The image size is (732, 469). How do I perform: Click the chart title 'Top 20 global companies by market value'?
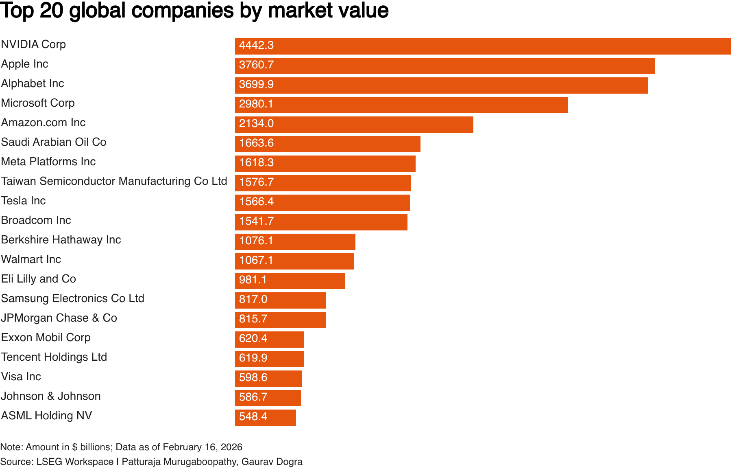[194, 11]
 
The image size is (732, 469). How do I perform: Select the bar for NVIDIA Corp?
[483, 46]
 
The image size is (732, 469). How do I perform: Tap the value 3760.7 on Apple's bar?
[256, 65]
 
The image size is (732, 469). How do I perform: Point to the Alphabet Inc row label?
[33, 83]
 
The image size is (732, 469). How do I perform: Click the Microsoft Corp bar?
[401, 105]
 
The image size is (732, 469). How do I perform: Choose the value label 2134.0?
[256, 124]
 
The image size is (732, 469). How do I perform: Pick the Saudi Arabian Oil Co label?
[54, 142]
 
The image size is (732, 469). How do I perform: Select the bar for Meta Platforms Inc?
[325, 164]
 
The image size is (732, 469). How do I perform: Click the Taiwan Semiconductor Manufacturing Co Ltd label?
[114, 181]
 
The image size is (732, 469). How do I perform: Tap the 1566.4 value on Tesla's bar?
[256, 202]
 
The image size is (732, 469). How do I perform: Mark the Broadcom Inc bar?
[321, 222]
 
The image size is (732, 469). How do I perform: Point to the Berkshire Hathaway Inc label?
[61, 240]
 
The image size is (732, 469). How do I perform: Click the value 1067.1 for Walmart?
[256, 261]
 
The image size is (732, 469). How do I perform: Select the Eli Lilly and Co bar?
[290, 281]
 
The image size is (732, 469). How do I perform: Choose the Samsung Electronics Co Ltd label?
[73, 298]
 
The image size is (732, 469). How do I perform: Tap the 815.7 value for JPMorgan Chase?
[253, 319]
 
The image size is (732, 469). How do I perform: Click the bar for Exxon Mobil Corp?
[270, 340]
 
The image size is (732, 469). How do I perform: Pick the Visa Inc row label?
[21, 377]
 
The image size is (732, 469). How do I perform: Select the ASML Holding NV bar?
[266, 418]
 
